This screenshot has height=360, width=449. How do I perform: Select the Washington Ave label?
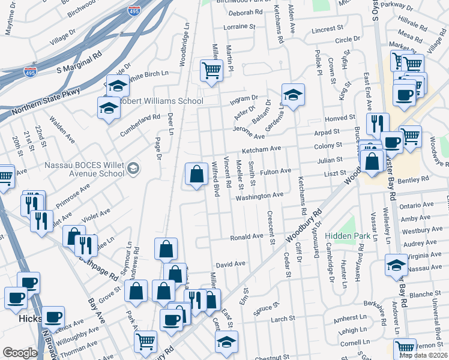(259, 196)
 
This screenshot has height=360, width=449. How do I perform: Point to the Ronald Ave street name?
(247, 237)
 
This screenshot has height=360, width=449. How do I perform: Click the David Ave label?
(231, 263)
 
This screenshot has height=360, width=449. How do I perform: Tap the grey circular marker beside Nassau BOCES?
(133, 167)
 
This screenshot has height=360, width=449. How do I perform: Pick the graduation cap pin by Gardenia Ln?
(293, 95)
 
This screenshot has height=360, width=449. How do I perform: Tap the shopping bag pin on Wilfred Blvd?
(196, 175)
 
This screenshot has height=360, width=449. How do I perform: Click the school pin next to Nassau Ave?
(396, 265)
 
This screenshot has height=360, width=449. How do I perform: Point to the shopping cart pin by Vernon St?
(405, 347)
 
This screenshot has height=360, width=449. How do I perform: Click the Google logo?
(20, 353)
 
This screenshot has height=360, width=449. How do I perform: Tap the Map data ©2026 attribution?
(423, 355)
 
